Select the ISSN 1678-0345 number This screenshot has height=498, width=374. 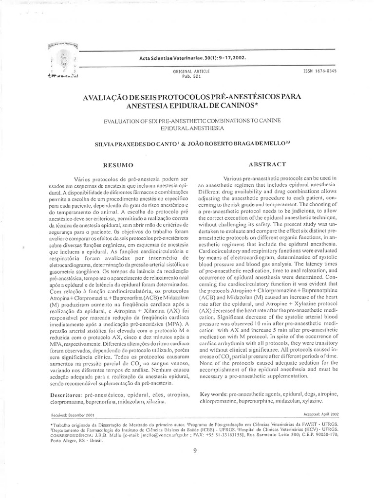[319, 71]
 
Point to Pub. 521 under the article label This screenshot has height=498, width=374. [189, 76]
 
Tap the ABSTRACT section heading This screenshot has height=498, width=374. [267, 164]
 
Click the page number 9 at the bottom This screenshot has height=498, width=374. [194, 450]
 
